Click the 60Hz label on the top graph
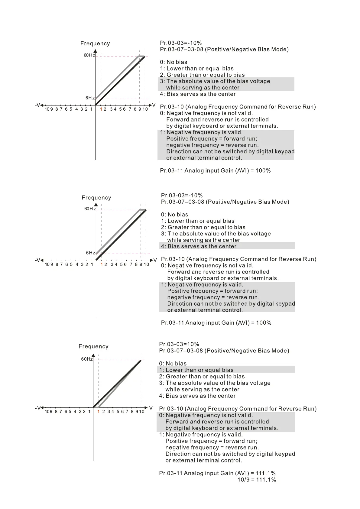(x=89, y=55)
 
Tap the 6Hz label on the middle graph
(x=91, y=253)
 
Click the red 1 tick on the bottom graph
(x=98, y=411)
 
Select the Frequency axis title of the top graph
(x=95, y=44)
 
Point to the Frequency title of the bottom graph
(x=93, y=346)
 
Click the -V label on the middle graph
(x=37, y=260)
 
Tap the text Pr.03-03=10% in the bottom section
(x=179, y=344)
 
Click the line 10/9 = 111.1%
(x=257, y=480)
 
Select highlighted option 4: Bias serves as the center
(x=199, y=246)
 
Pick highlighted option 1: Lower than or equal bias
(x=196, y=370)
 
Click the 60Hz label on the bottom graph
(x=87, y=359)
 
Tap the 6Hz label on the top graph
(x=90, y=98)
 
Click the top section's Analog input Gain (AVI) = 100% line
(x=215, y=171)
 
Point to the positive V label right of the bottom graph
(x=151, y=408)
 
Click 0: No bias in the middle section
(x=174, y=215)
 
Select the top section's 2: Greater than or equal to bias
(x=202, y=75)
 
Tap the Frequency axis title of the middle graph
(x=96, y=198)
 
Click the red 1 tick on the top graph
(x=101, y=109)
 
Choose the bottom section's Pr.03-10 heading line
(x=238, y=409)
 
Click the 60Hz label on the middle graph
(x=90, y=209)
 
